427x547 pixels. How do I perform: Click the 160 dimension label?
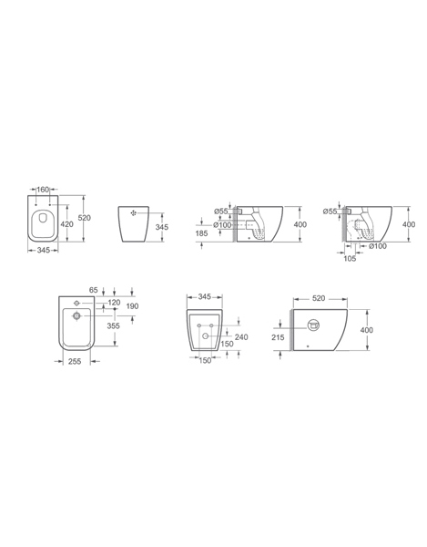(x=43, y=190)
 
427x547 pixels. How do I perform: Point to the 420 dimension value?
(x=66, y=224)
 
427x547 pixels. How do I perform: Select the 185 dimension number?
(x=201, y=233)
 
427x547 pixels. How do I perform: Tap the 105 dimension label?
(x=350, y=258)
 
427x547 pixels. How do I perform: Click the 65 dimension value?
(x=94, y=290)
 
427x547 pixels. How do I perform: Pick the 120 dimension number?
(x=114, y=303)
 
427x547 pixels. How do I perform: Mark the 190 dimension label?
(x=132, y=306)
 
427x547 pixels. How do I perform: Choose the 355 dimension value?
(x=113, y=325)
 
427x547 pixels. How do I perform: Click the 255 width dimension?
(x=75, y=361)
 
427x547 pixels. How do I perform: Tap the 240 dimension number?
(x=241, y=337)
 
